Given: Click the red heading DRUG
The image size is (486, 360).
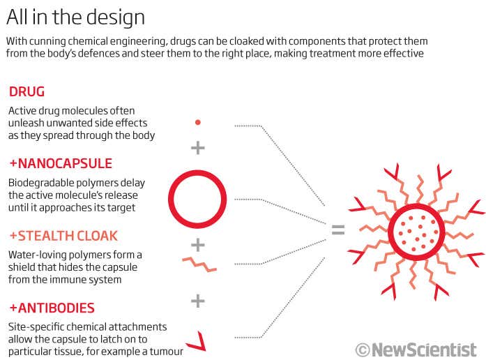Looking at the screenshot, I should (x=26, y=92).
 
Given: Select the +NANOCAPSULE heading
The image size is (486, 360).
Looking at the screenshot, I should (x=60, y=164).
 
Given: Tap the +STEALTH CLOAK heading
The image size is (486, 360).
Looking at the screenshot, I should (x=63, y=236).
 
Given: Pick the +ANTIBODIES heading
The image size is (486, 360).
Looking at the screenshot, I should (x=52, y=308).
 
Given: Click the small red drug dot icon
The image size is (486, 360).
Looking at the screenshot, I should (x=197, y=122).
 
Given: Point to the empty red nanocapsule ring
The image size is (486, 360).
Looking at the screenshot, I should (x=197, y=198).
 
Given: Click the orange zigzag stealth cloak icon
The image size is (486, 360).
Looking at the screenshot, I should (x=197, y=264).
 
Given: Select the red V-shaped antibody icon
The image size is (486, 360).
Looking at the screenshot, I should (x=198, y=340).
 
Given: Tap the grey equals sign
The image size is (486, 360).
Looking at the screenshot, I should (x=338, y=230).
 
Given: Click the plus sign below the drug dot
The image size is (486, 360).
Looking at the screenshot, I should (x=197, y=147).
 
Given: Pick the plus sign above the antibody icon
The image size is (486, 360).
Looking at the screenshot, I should (x=197, y=301).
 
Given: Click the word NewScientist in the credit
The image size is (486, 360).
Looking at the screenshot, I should (x=424, y=349).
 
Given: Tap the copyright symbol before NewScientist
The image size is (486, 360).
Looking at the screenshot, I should (x=362, y=349).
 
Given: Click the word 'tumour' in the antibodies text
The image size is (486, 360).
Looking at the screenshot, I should (x=165, y=351).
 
